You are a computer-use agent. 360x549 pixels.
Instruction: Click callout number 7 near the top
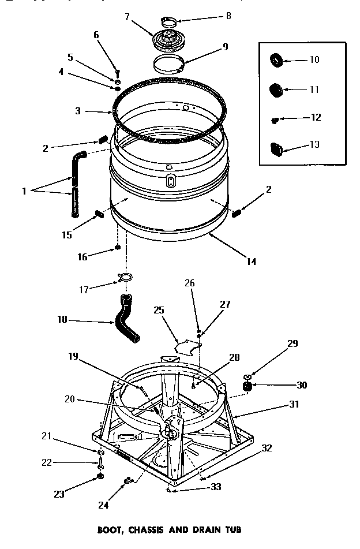127,16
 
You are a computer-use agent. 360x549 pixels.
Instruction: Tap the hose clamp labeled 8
168,22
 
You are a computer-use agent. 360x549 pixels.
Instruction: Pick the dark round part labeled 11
275,89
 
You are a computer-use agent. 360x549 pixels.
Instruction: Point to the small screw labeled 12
275,119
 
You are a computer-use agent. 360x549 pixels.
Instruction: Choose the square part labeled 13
276,147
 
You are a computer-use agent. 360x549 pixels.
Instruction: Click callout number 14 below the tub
251,262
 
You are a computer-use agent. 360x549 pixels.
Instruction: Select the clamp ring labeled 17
124,278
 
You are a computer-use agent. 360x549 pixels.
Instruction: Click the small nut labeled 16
118,248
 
